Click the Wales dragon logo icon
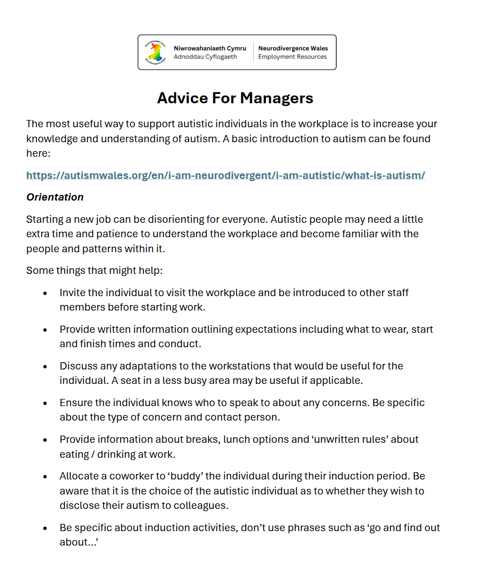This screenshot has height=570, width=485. pos(156,52)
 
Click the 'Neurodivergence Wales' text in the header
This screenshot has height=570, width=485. pos(293,48)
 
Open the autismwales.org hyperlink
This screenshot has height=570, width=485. pos(225,176)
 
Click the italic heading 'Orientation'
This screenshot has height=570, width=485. pos(55,197)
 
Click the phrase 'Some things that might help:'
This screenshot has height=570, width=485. pos(93,271)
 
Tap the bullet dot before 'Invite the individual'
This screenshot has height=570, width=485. pos(45,293)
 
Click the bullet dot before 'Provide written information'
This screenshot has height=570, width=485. pos(45,329)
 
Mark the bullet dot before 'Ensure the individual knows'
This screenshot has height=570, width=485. pos(45,403)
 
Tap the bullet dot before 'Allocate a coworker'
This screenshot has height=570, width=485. pos(45,476)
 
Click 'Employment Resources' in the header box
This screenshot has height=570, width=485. pos(293,57)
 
